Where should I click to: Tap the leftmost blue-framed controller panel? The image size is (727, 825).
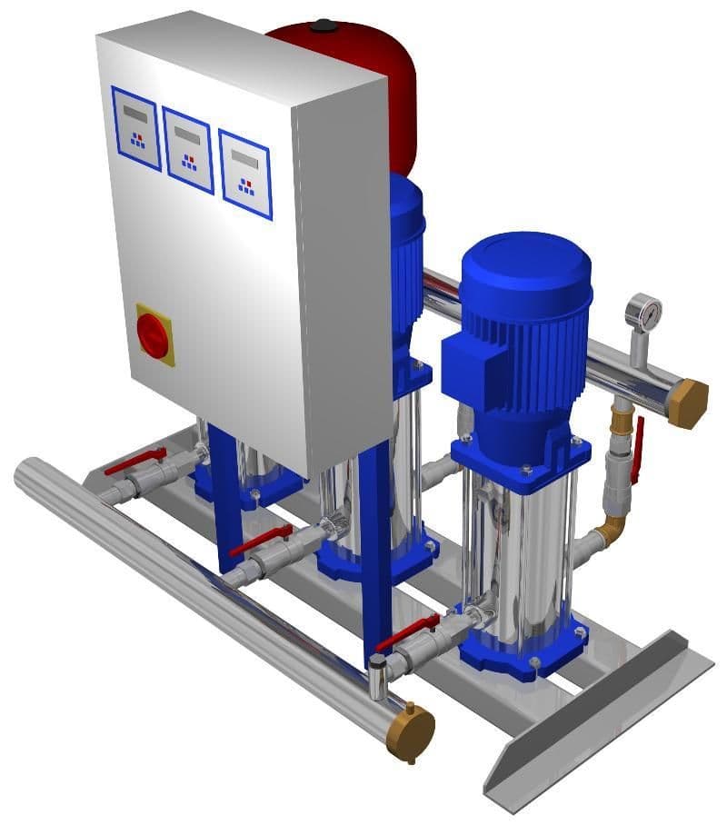[135, 128]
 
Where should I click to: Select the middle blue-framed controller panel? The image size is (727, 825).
[188, 150]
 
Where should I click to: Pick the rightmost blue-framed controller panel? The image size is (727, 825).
[245, 174]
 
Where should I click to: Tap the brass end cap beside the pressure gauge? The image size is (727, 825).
[688, 403]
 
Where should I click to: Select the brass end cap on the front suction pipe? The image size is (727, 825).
[410, 731]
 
